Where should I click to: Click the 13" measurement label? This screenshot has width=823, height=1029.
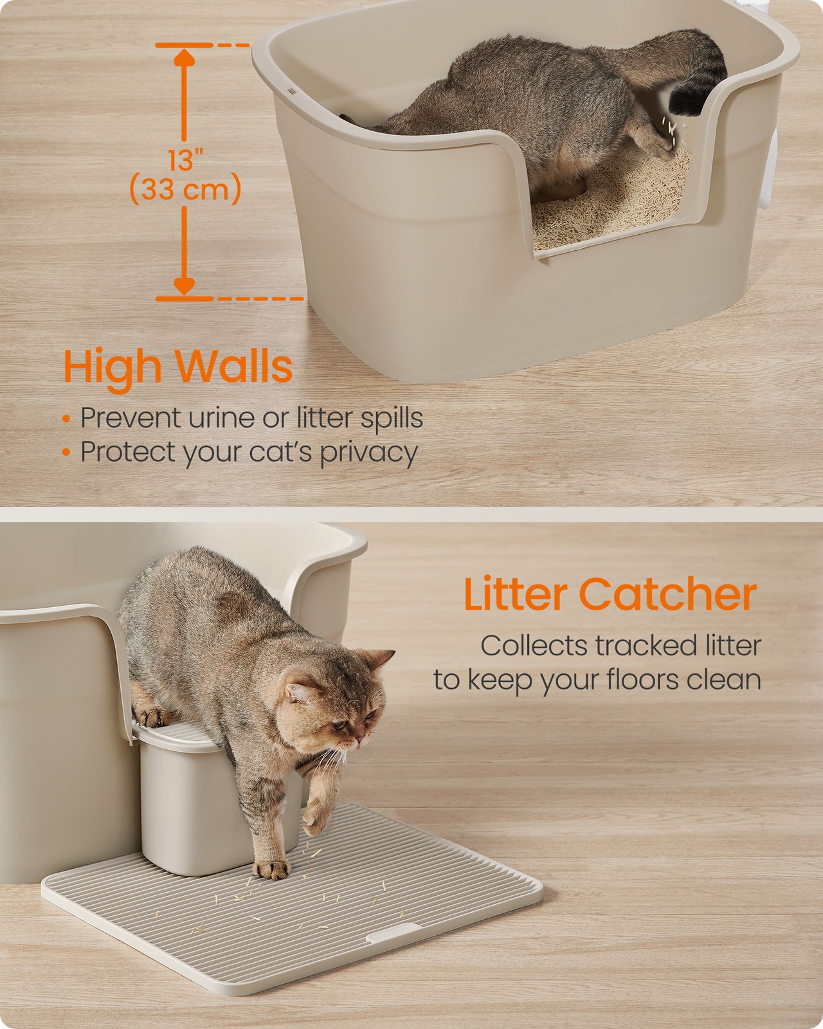[x=185, y=159]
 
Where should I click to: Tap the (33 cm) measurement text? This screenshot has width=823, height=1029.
[x=185, y=189]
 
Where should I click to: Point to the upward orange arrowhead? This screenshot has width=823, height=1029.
[x=184, y=57]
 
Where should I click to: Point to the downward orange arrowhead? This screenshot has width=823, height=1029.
[x=184, y=286]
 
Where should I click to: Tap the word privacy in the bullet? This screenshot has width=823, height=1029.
[x=368, y=453]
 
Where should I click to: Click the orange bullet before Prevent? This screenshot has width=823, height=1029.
[x=66, y=419]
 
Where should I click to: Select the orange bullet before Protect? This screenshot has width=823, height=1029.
[x=66, y=451]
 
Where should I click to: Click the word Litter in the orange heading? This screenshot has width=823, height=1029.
[x=516, y=594]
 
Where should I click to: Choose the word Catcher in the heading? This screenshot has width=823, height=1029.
[x=668, y=594]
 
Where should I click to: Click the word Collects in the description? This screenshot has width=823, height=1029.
[x=534, y=646]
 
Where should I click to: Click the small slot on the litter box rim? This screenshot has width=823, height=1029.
[x=291, y=91]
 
